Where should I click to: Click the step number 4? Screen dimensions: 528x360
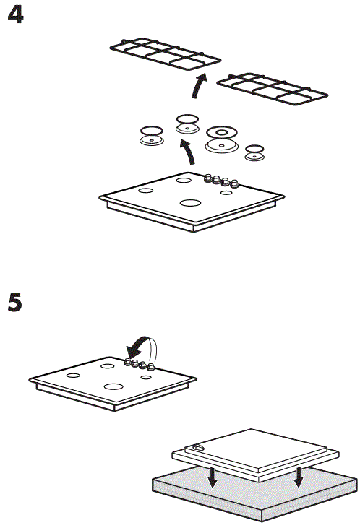pyautogui.click(x=15, y=15)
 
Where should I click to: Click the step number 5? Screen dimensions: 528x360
pyautogui.click(x=15, y=301)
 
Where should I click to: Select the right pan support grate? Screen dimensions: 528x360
pyautogui.click(x=273, y=88)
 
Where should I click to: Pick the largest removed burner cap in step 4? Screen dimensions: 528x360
pyautogui.click(x=222, y=137)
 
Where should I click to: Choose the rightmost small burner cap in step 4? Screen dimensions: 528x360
pyautogui.click(x=254, y=152)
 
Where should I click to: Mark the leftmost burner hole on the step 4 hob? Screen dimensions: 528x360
pyautogui.click(x=145, y=191)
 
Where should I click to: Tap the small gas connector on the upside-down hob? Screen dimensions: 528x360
pyautogui.click(x=196, y=447)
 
